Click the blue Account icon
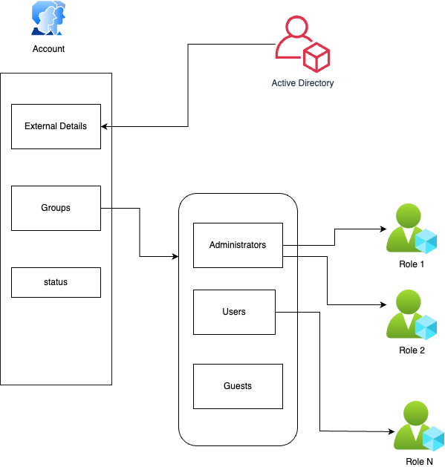click(48, 18)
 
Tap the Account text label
click(48, 49)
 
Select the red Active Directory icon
click(302, 44)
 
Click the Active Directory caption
click(302, 83)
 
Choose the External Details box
click(56, 126)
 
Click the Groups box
click(56, 208)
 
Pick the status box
click(56, 282)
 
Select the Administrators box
click(238, 246)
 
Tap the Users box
click(234, 312)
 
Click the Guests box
click(238, 386)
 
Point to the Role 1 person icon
click(412, 229)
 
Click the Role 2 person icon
click(412, 315)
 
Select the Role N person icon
click(419, 426)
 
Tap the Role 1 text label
click(412, 264)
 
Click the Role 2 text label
click(412, 350)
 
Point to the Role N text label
click(419, 462)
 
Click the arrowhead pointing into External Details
click(104, 126)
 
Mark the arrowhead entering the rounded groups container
click(175, 256)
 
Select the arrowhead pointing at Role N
click(392, 431)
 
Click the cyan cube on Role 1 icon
click(426, 241)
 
